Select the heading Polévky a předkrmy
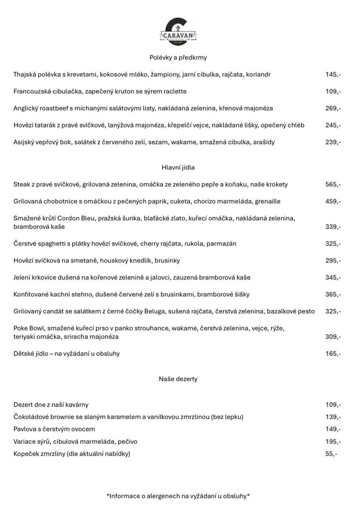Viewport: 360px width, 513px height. [x=178, y=57]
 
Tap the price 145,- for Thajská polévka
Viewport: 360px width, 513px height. [x=333, y=74]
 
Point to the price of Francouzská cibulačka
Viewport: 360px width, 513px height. [x=333, y=91]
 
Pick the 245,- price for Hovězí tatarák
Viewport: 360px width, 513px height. [x=333, y=125]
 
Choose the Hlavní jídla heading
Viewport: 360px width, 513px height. [x=178, y=168]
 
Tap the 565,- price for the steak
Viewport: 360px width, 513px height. [x=333, y=185]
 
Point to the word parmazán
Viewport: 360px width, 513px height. [x=221, y=244]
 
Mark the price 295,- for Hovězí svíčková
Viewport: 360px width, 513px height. [x=333, y=261]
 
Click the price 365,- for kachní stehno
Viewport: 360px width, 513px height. [x=333, y=295]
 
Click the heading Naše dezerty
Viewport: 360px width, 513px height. [x=178, y=379]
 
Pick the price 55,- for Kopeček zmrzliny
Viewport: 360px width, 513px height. [x=331, y=454]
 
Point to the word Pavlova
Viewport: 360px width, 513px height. [x=27, y=429]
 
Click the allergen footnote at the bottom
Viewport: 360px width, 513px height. [x=178, y=496]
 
